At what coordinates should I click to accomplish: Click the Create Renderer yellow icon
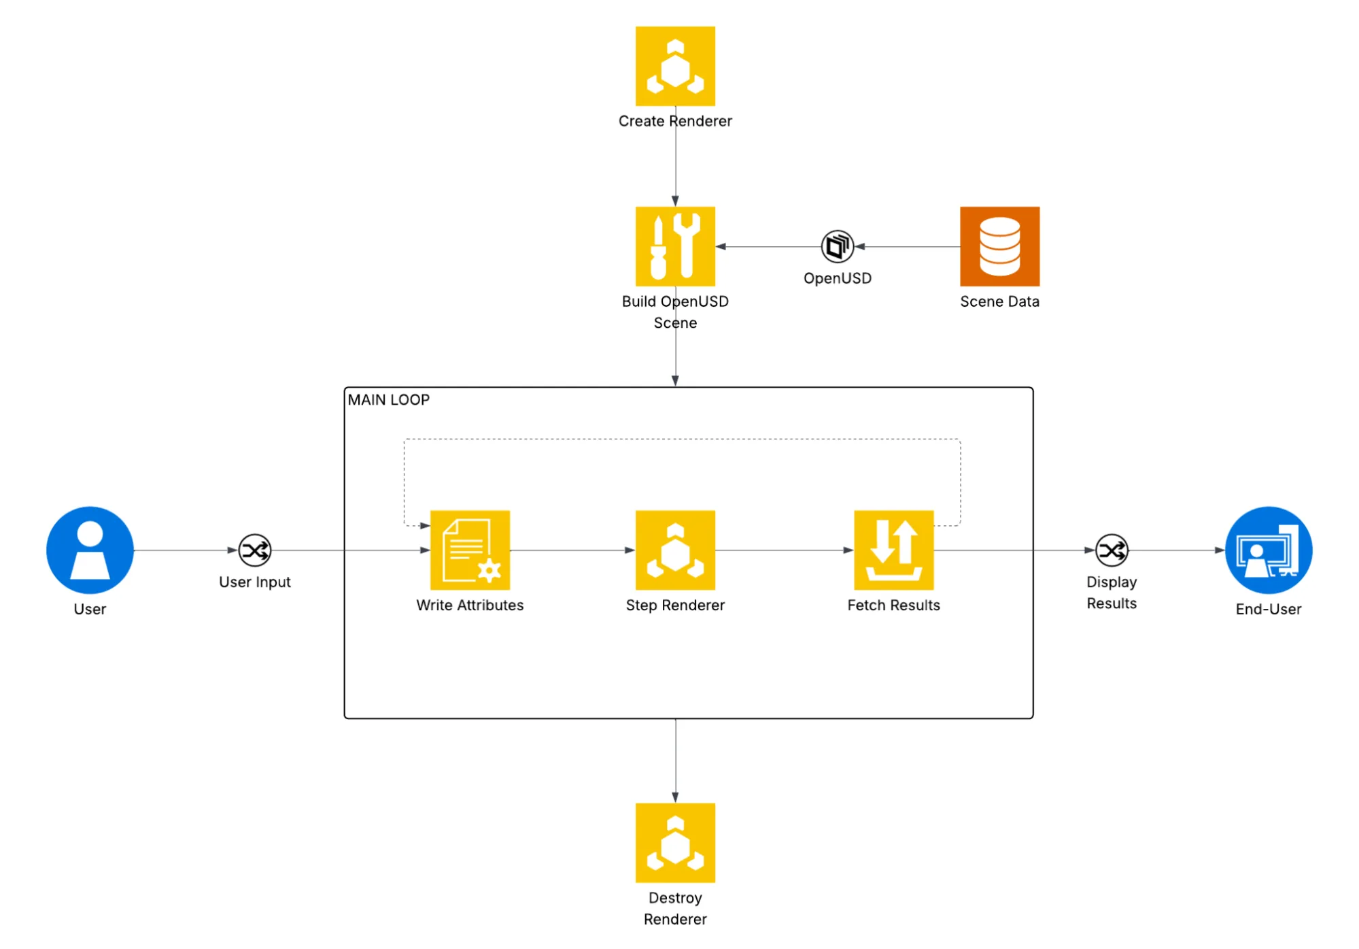coord(675,66)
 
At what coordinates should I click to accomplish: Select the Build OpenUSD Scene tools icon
coord(675,246)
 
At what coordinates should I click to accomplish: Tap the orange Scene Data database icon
coord(999,246)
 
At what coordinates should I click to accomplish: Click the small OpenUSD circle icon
coord(838,246)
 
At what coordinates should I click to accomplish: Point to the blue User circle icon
coord(90,550)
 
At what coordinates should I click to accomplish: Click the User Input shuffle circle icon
coord(255,550)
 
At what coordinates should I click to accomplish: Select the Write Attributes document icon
coord(470,550)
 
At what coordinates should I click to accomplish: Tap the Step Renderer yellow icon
coord(675,550)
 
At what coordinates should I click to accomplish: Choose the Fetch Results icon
coord(893,550)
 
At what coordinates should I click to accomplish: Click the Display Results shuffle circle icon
coord(1112,550)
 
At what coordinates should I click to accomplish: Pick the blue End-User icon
coord(1269,550)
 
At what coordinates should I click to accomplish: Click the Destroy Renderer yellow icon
coord(675,843)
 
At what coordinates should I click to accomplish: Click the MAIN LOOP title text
coord(389,400)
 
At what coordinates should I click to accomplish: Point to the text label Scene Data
coord(999,301)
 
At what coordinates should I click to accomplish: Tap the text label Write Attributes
coord(470,605)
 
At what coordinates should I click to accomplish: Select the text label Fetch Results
coord(893,605)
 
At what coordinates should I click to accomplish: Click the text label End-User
coord(1269,610)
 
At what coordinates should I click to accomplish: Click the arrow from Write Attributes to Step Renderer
coord(572,550)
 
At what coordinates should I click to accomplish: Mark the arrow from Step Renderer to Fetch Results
coord(785,550)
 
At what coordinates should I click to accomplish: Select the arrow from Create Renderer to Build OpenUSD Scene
coord(675,156)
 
